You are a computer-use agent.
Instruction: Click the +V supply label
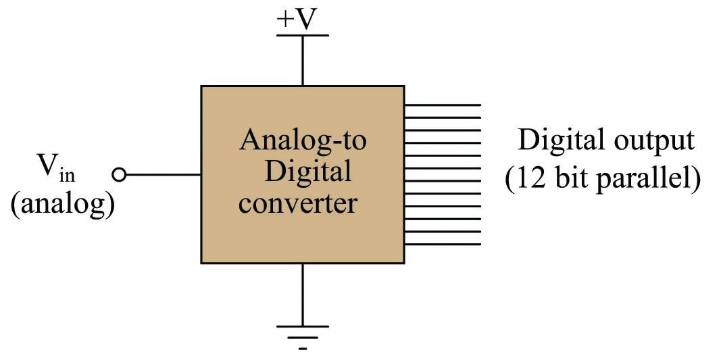(297, 20)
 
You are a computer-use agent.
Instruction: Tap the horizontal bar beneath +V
(302, 36)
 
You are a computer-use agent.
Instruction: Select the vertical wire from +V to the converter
(302, 61)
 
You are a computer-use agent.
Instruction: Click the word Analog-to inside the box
(303, 140)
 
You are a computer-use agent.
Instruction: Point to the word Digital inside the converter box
(307, 172)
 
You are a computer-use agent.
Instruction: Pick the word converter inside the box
(297, 202)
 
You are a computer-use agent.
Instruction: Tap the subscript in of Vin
(67, 176)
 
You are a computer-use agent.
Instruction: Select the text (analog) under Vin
(61, 204)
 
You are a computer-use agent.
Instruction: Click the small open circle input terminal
(120, 175)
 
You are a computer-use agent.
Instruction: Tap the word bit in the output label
(578, 180)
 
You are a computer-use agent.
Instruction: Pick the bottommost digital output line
(443, 245)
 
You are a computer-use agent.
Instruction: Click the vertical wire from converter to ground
(302, 294)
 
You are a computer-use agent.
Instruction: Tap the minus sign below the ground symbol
(303, 349)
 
